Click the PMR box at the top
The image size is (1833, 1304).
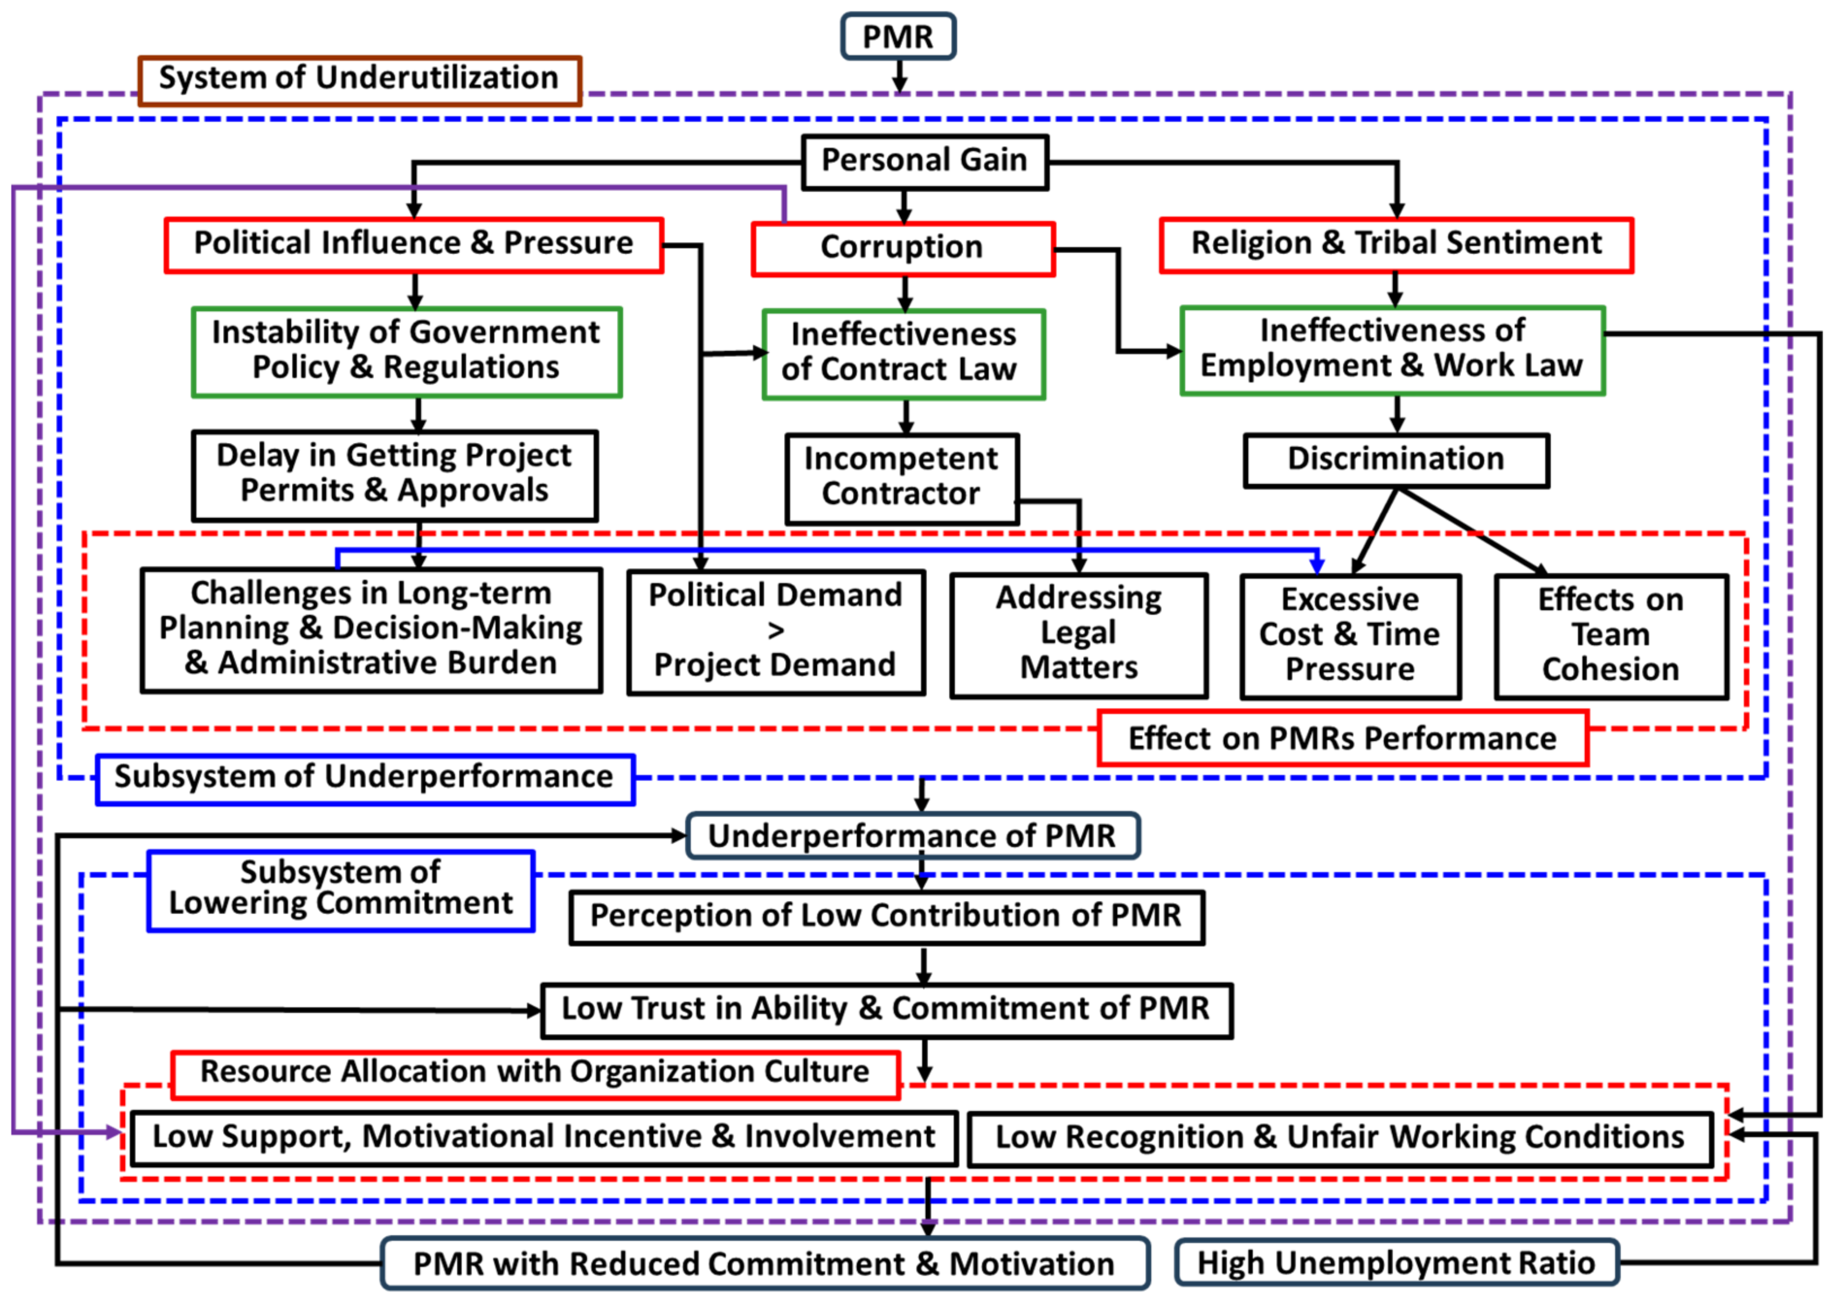click(x=897, y=37)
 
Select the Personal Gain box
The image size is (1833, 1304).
click(x=924, y=161)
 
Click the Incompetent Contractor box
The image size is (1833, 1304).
click(x=901, y=478)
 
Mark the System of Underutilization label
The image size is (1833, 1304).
click(x=359, y=80)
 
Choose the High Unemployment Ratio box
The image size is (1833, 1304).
click(x=1396, y=1263)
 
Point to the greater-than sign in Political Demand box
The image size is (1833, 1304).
click(x=775, y=631)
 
